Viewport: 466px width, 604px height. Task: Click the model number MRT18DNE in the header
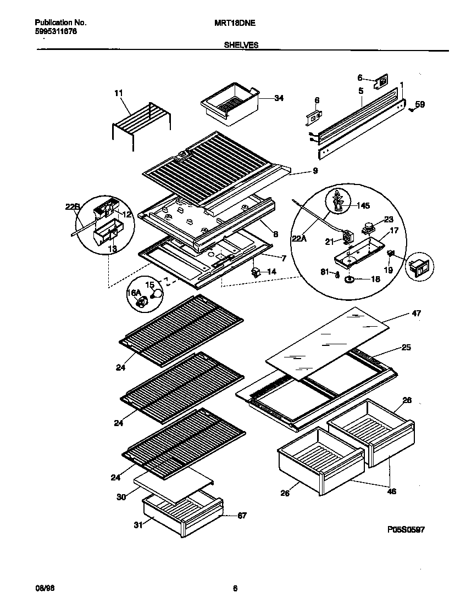[x=231, y=23]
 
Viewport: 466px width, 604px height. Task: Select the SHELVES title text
[x=241, y=46]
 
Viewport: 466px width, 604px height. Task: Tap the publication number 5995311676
[x=56, y=32]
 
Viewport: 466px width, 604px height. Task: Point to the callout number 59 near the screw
[x=420, y=104]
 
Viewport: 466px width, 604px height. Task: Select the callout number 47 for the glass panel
[x=416, y=313]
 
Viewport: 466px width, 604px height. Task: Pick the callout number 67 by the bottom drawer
[x=242, y=515]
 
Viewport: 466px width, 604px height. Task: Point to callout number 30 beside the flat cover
[x=120, y=497]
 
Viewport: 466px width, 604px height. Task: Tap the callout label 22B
[x=73, y=206]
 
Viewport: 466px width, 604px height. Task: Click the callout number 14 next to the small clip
[x=271, y=271]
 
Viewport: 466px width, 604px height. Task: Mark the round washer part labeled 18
[x=349, y=280]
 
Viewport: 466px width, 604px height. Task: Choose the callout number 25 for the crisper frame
[x=406, y=348]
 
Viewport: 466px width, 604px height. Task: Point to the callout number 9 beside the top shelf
[x=315, y=171]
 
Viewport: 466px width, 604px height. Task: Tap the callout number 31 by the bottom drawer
[x=138, y=525]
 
